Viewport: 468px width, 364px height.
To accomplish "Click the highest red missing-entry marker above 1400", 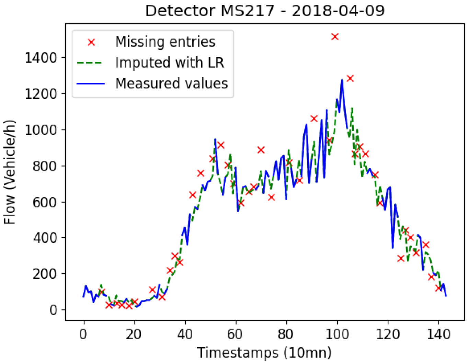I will (x=335, y=36).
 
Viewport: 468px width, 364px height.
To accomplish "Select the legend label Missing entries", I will (x=165, y=42).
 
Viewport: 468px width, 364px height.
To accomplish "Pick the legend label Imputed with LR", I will (x=169, y=63).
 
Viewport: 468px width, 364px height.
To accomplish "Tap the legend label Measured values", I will (x=171, y=84).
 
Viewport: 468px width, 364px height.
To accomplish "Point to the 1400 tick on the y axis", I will (x=41, y=58).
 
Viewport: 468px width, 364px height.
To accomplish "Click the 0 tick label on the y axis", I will (x=53, y=310).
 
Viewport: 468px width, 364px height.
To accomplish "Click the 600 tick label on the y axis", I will (x=44, y=202).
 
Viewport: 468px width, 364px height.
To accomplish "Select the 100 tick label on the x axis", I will (x=337, y=334).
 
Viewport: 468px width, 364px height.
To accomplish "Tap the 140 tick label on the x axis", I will (x=438, y=334).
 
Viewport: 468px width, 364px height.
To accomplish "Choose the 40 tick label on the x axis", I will (x=185, y=334).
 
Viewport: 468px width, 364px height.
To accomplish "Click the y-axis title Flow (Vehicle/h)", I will (x=10, y=172).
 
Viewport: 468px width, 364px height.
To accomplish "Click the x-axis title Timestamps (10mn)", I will (x=264, y=353).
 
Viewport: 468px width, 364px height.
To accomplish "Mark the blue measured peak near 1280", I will (x=342, y=80).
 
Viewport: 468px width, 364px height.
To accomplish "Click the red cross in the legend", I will (x=91, y=42).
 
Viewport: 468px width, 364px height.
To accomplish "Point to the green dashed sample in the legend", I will (x=90, y=63).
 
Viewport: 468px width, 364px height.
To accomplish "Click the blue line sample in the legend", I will (x=90, y=84).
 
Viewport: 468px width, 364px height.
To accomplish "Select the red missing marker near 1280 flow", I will (x=350, y=78).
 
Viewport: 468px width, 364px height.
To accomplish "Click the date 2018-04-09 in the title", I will (x=338, y=11).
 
